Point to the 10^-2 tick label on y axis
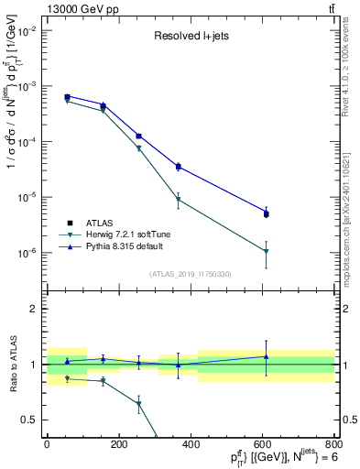26,30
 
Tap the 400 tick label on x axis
191,444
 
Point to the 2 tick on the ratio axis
34,309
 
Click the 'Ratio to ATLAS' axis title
10,365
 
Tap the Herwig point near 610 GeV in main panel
266,251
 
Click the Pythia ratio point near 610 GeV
266,356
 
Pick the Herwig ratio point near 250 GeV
138,403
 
